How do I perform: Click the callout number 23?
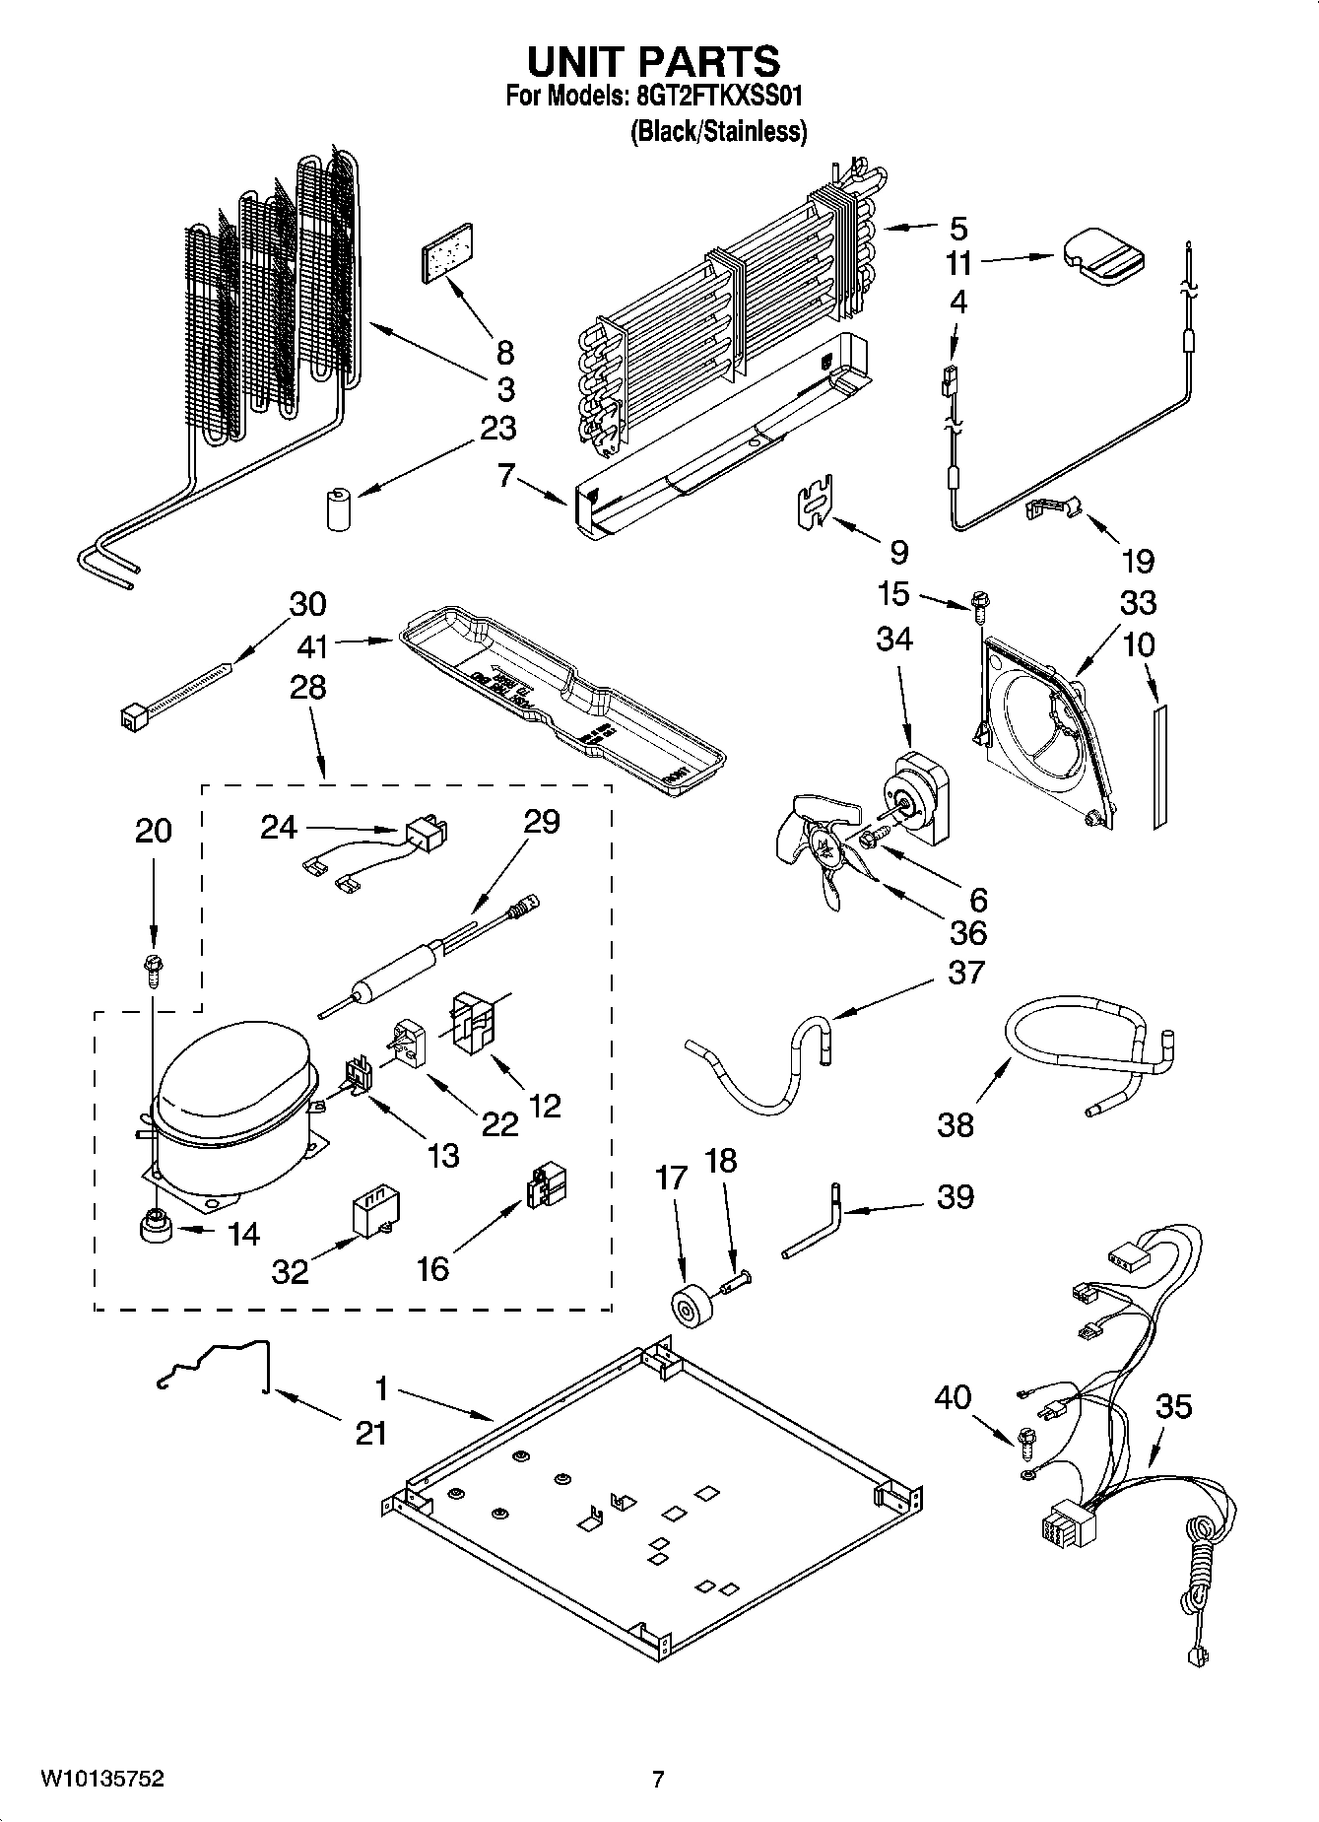pos(498,429)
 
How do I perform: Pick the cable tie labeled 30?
pos(177,693)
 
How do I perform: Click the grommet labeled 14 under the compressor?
pos(154,1230)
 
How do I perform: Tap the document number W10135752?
pos(101,1779)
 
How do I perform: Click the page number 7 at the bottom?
pos(657,1779)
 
